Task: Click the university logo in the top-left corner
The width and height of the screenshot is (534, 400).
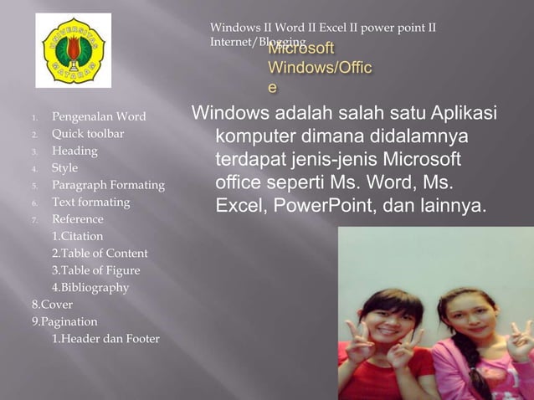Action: point(73,50)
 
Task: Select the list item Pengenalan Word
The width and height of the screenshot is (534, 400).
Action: point(99,116)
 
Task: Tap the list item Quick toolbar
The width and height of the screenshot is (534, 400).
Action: point(88,134)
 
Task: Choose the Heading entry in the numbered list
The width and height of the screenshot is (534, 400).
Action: point(74,151)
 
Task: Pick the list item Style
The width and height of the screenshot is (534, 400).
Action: point(64,167)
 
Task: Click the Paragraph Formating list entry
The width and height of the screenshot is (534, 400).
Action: point(108,185)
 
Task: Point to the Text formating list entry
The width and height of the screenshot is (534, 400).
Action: point(91,202)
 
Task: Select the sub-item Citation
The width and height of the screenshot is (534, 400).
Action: point(77,236)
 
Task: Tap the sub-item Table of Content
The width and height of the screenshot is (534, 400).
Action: point(100,253)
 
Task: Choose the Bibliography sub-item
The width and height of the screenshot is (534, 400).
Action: point(90,287)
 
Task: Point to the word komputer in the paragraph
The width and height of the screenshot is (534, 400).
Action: point(257,136)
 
